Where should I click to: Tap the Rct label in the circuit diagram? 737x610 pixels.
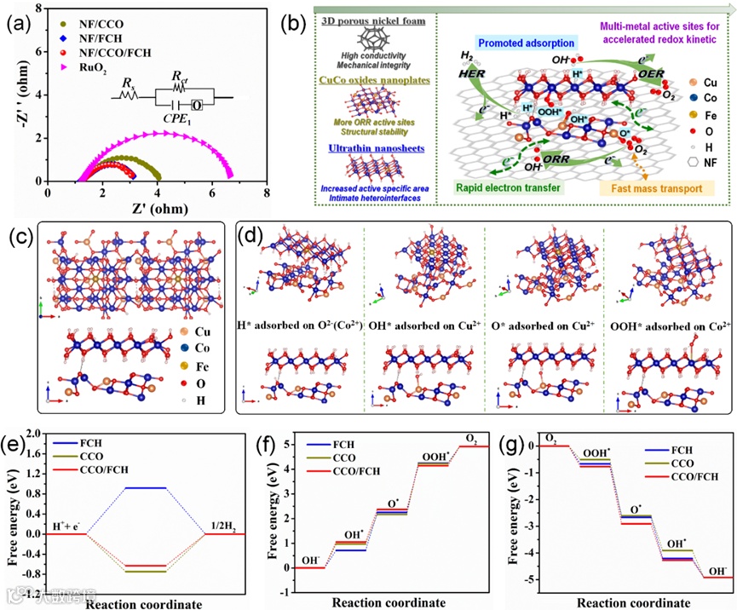[x=179, y=79]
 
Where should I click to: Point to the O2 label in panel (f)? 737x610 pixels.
[x=471, y=438]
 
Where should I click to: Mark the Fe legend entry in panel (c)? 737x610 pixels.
[x=199, y=365]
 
